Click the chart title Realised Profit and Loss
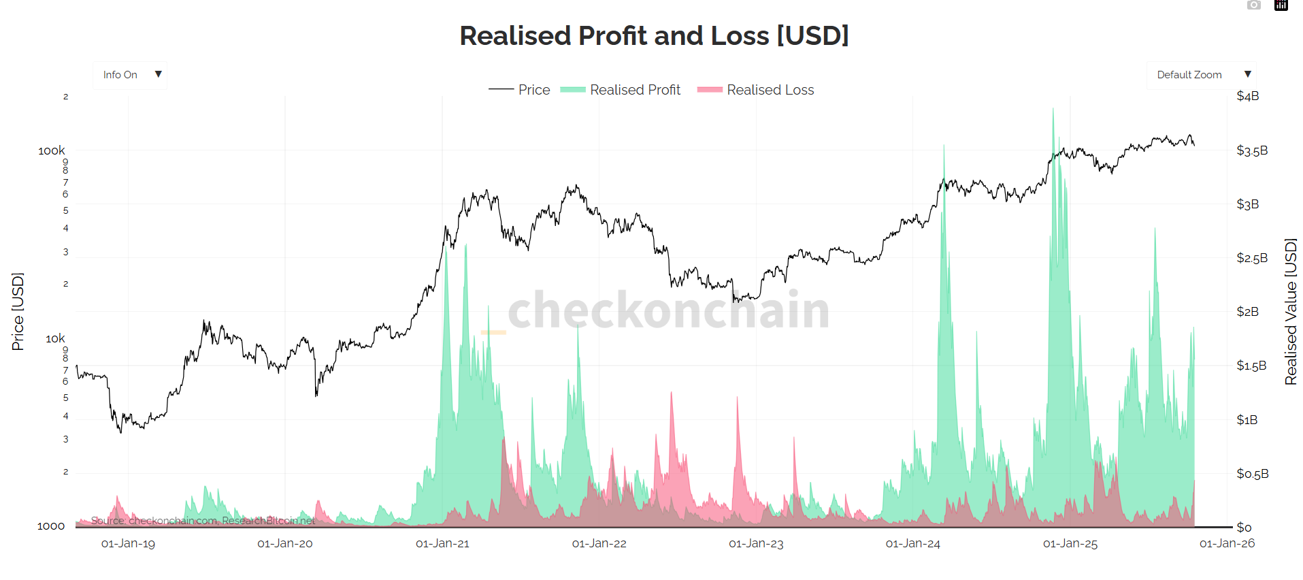(654, 36)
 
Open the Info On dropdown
(130, 75)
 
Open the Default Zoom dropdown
(1201, 75)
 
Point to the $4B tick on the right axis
(1247, 96)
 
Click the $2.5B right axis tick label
(1251, 258)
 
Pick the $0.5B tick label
(1251, 474)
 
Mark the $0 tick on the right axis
(1243, 528)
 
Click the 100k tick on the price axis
(52, 150)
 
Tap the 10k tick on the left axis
(55, 338)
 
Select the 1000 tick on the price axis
(51, 526)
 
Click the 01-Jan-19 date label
(128, 543)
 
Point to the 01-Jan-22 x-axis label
(599, 543)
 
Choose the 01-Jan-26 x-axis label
(1226, 543)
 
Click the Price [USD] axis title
(18, 312)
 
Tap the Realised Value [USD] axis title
(1290, 312)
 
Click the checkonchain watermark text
(668, 310)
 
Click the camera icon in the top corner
(1253, 5)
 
